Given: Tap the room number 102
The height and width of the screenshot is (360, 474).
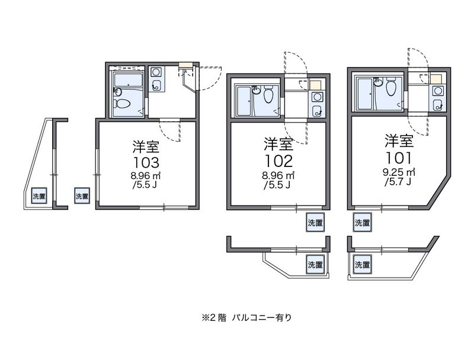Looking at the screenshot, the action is (278, 161).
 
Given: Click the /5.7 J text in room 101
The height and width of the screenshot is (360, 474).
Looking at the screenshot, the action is (397, 182).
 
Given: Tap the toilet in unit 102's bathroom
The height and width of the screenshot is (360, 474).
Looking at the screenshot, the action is (268, 95).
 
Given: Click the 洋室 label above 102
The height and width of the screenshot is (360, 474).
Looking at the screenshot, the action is (277, 144).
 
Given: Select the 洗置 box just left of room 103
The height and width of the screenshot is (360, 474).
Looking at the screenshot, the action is (82, 196).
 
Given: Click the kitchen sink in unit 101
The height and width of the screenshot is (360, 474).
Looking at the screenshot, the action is (438, 91).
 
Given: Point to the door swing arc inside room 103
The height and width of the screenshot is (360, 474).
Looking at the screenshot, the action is (171, 131).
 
